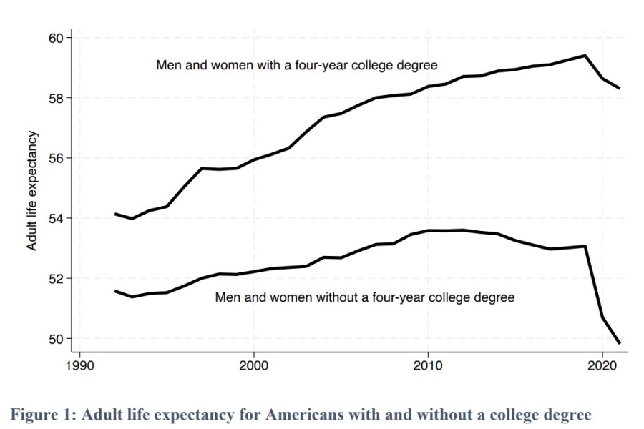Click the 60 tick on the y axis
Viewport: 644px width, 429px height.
click(x=57, y=37)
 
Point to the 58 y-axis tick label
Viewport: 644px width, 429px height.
click(x=57, y=98)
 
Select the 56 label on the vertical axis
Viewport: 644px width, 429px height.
click(x=57, y=158)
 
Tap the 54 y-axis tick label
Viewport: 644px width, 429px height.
click(x=57, y=218)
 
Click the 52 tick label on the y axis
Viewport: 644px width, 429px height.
click(x=57, y=278)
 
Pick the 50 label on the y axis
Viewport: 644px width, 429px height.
click(x=57, y=338)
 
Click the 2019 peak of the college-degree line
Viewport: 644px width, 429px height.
click(x=585, y=55)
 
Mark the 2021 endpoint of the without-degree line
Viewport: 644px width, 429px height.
click(x=619, y=343)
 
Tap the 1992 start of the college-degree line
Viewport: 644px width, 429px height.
click(x=114, y=214)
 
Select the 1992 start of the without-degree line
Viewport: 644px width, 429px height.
click(x=114, y=291)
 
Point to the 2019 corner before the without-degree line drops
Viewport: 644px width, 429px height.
click(x=585, y=247)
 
